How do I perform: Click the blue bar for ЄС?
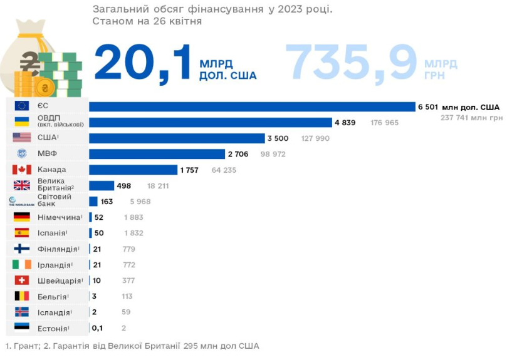click(252, 106)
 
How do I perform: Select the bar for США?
click(177, 138)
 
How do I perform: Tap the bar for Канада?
click(133, 170)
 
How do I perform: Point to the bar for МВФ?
click(157, 154)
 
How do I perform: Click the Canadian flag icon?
click(22, 170)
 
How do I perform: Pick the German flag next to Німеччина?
click(22, 217)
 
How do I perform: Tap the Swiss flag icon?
click(22, 280)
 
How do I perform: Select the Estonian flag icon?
click(22, 327)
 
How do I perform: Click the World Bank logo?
click(21, 202)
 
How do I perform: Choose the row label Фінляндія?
click(58, 249)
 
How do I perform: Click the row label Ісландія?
click(54, 312)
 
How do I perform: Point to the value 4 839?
click(345, 123)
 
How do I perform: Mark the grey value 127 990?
click(315, 138)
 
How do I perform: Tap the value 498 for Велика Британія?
click(124, 186)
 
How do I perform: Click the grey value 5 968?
click(140, 202)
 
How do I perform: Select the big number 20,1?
click(143, 63)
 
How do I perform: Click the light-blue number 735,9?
click(351, 63)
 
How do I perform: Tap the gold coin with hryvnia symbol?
click(44, 88)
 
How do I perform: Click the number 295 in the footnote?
click(191, 346)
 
